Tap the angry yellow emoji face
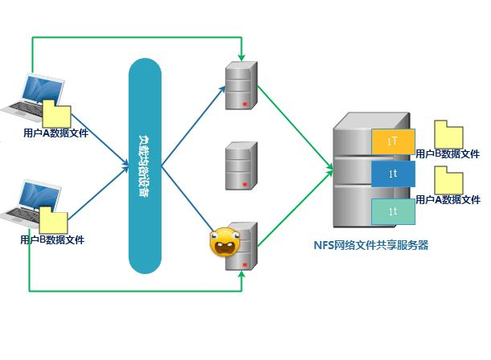point(222,242)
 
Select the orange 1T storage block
point(393,141)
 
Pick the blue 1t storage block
point(393,174)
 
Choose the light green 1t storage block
point(393,211)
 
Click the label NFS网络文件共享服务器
point(370,245)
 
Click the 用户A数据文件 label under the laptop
point(55,133)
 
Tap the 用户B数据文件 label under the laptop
point(52,239)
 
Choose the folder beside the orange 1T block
point(448,134)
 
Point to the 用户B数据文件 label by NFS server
point(448,153)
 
